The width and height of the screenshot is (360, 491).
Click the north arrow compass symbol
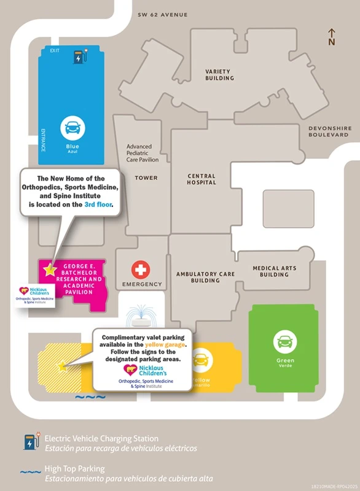332,36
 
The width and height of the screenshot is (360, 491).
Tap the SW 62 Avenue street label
163,14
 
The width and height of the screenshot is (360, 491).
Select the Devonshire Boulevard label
329,131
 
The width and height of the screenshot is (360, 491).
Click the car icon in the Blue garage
72,128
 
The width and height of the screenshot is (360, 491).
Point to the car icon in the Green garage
285,341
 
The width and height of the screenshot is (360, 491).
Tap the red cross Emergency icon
141,269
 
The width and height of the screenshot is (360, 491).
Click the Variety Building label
219,75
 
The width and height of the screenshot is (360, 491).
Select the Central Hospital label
202,179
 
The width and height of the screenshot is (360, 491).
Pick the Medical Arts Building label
274,271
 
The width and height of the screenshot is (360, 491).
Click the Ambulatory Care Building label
206,277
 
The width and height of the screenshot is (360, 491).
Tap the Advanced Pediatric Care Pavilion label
143,153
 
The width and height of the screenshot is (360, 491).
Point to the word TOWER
146,178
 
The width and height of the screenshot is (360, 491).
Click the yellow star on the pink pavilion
49,268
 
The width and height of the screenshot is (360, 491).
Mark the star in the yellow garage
62,367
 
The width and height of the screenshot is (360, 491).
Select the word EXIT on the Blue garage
55,52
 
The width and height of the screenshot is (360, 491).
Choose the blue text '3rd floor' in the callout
98,204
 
